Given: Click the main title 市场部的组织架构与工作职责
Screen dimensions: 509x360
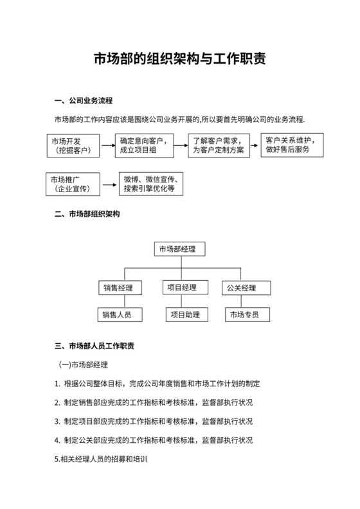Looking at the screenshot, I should tap(180, 60).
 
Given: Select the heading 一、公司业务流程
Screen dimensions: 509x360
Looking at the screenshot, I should tap(84, 101).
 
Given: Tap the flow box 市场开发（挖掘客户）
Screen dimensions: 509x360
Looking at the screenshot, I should tap(73, 146).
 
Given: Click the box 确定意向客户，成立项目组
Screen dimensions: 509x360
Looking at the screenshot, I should tap(143, 146).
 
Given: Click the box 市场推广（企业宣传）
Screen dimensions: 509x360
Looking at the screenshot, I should tap(73, 184).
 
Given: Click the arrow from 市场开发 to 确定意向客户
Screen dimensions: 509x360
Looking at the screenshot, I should tap(107, 146).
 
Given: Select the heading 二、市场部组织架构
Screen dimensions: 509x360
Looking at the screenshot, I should tap(87, 214).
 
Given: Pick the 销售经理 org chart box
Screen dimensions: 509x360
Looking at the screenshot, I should tap(120, 287).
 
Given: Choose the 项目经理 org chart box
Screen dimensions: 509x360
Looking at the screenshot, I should tap(181, 287).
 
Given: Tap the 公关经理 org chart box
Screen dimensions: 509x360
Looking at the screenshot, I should tap(246, 287).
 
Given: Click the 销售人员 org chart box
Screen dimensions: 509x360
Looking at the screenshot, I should tap(120, 315).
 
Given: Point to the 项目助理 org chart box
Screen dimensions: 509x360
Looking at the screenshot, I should tap(183, 315).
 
